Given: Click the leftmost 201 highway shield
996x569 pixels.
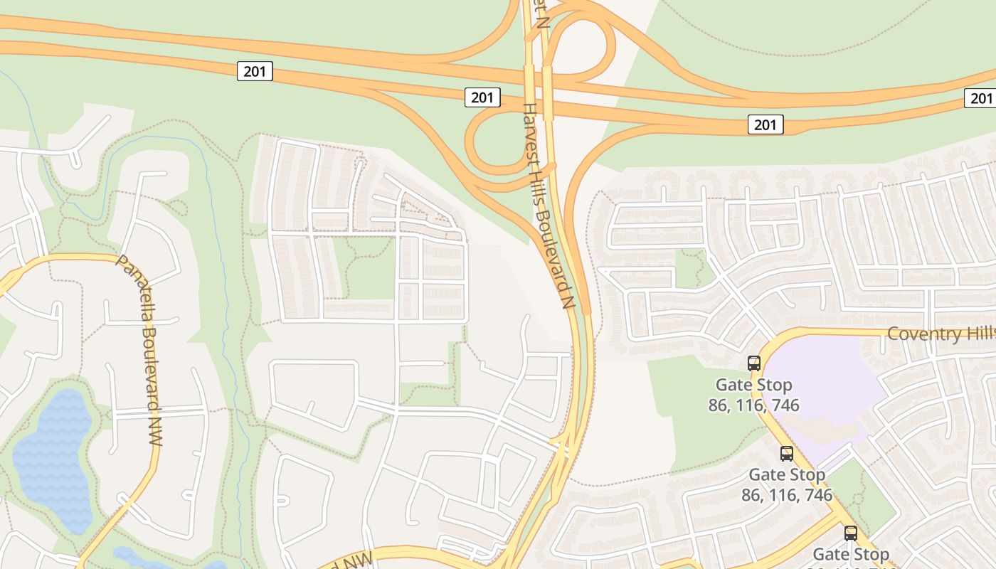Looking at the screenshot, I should tap(255, 71).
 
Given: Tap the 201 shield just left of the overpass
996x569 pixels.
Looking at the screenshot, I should tap(482, 97).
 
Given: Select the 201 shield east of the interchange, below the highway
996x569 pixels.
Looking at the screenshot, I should tap(765, 125).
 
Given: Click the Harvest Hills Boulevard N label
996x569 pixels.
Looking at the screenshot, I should tap(549, 206).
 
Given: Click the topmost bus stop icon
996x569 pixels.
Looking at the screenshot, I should tap(754, 363).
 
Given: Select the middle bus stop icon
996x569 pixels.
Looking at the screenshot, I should tap(787, 453).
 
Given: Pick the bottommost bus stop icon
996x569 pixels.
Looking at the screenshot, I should tap(851, 533).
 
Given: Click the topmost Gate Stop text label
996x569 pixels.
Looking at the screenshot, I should tap(753, 385).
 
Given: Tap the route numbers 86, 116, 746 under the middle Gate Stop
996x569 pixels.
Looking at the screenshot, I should tap(787, 495).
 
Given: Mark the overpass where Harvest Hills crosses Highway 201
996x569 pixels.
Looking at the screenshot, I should tap(539, 89).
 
